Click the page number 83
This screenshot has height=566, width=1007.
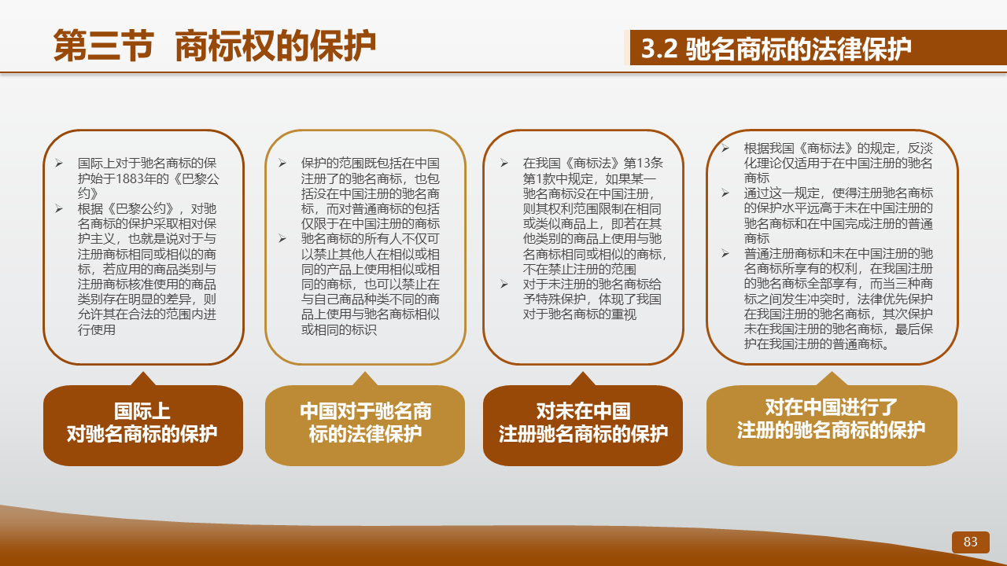pos(970,542)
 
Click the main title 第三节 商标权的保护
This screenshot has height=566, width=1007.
pos(215,46)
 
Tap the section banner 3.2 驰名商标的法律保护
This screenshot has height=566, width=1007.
pos(776,49)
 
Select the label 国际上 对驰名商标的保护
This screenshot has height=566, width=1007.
pos(142,423)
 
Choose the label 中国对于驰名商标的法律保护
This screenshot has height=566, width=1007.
pos(365,423)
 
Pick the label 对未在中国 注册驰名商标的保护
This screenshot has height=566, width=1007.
pos(583,423)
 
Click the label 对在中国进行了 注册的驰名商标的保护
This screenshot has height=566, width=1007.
pos(832,419)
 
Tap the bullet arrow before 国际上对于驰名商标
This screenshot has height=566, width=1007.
pos(59,163)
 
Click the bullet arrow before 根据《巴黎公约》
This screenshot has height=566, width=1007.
pos(59,208)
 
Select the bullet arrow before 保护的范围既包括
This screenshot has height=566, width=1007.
pos(282,163)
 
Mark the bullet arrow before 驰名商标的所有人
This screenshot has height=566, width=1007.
pos(282,238)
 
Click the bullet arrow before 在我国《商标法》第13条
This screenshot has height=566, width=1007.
pos(504,163)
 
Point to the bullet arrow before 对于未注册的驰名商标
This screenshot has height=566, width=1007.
pos(504,284)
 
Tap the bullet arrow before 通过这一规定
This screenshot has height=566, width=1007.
pos(725,193)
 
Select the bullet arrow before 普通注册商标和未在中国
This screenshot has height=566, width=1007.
pos(725,253)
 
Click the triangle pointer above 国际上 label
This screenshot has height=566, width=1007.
pos(143,380)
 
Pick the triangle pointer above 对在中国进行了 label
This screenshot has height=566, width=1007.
pos(832,380)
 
